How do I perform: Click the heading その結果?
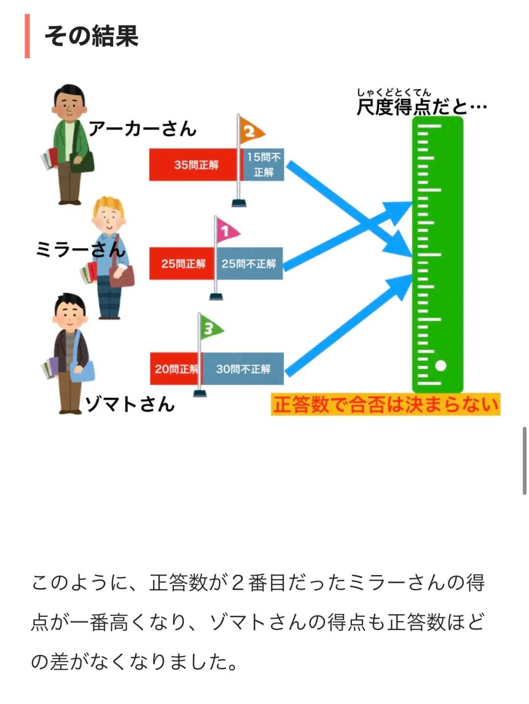[x=92, y=36]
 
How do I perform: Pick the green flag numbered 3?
[x=210, y=328]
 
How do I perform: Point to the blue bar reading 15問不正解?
[x=264, y=165]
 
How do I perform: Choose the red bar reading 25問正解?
[x=182, y=264]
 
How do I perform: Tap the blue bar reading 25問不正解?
[x=249, y=264]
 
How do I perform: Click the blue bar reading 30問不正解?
[x=243, y=368]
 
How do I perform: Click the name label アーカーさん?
[x=143, y=128]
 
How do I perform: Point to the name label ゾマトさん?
[x=130, y=405]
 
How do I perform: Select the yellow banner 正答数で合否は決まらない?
[x=385, y=405]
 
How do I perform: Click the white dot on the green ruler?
[x=440, y=365]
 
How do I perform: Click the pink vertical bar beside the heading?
[x=27, y=36]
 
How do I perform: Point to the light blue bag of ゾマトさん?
[x=83, y=372]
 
